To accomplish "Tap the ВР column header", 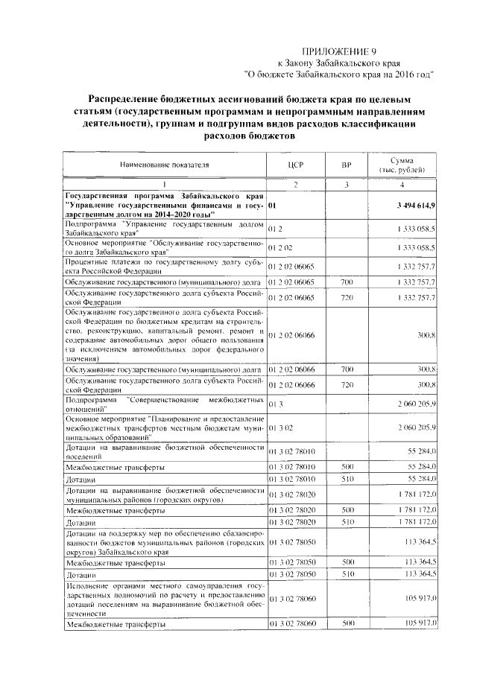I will tap(346, 165).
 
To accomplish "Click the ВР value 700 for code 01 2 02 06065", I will tap(346, 282).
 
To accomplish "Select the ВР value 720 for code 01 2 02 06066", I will tap(346, 384).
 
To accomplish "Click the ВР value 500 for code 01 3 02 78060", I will tap(346, 623).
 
